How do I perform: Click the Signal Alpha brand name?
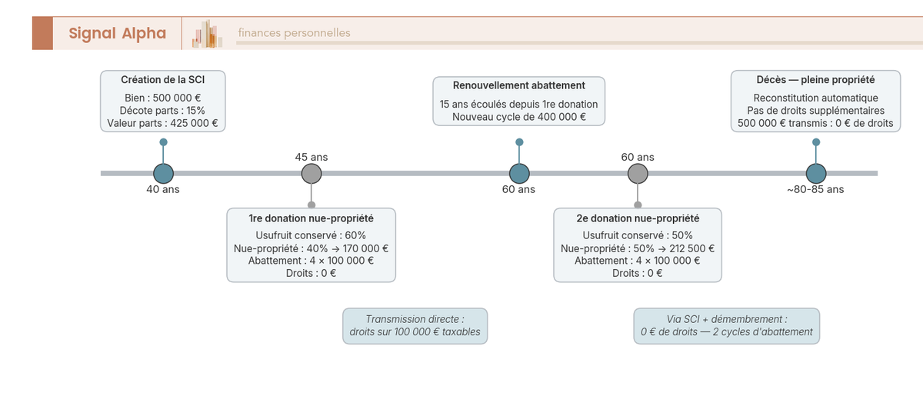tap(117, 33)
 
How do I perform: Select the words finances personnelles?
tap(294, 33)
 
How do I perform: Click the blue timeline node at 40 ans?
tap(163, 174)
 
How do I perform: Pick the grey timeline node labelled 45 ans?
tap(311, 174)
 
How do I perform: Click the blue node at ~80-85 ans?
tap(815, 174)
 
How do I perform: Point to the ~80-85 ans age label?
tap(815, 190)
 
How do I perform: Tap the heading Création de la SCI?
tap(162, 80)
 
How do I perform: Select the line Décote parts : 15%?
tap(162, 111)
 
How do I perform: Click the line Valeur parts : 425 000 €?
tap(162, 123)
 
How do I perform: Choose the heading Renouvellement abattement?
tap(519, 85)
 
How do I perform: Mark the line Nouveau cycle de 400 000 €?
tap(519, 117)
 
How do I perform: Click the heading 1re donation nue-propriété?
tap(311, 218)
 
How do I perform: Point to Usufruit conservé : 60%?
tap(311, 235)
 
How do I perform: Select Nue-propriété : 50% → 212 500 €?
tap(638, 248)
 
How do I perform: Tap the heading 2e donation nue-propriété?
tap(638, 218)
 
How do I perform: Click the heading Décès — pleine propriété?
tap(815, 80)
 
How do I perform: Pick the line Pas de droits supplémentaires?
tap(815, 111)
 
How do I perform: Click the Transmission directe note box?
tap(415, 326)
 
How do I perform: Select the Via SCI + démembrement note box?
tap(726, 326)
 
